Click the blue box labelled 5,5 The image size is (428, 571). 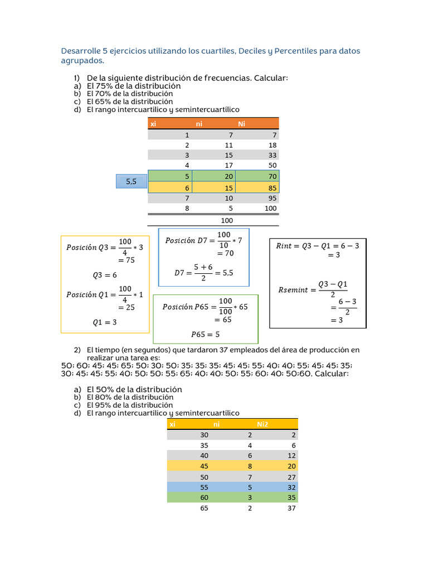pyautogui.click(x=131, y=181)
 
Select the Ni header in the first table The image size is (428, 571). pyautogui.click(x=241, y=124)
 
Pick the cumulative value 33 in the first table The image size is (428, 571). pyautogui.click(x=272, y=155)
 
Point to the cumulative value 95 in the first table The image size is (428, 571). pyautogui.click(x=272, y=197)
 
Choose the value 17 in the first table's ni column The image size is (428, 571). pyautogui.click(x=229, y=166)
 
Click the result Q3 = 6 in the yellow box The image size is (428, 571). pyautogui.click(x=105, y=275)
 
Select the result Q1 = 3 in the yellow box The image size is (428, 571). pyautogui.click(x=105, y=322)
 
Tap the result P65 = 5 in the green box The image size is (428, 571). pyautogui.click(x=206, y=335)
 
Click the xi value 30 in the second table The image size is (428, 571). pyautogui.click(x=203, y=435)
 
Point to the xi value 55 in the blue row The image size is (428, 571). pyautogui.click(x=203, y=487)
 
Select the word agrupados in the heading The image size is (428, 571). pyautogui.click(x=81, y=60)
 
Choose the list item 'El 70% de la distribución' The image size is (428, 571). pyautogui.click(x=129, y=94)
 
